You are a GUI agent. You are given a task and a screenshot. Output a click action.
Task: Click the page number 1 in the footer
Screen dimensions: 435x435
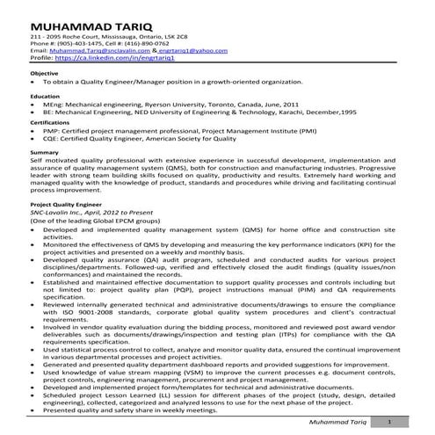point(389,423)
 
